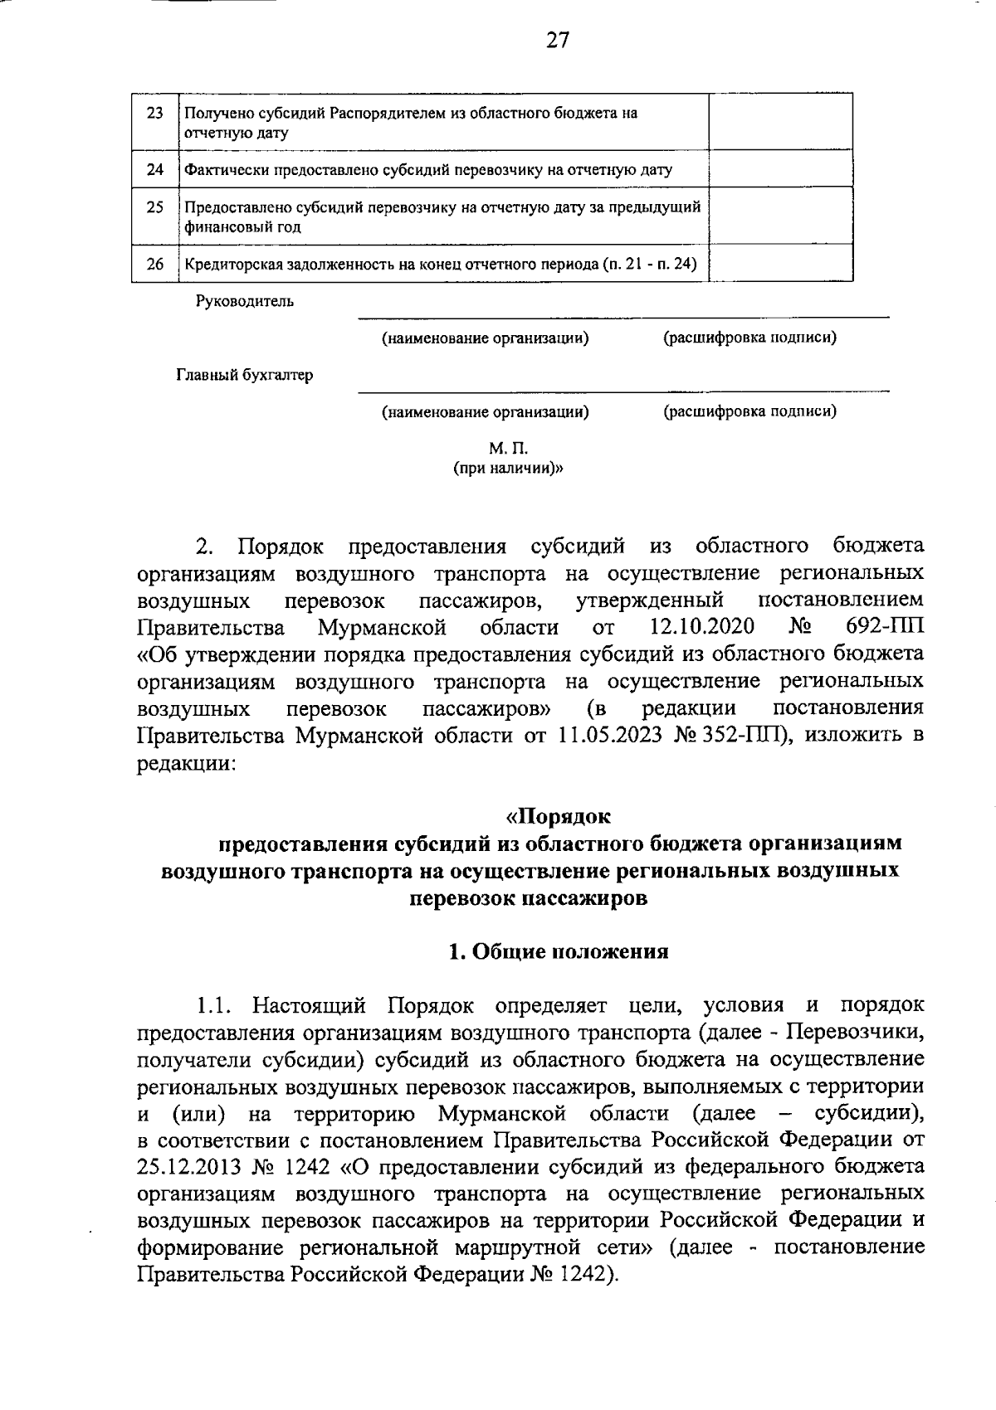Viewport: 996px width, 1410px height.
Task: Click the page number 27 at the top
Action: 557,41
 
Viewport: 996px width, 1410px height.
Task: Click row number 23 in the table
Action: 154,114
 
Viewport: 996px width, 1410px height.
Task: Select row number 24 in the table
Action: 154,170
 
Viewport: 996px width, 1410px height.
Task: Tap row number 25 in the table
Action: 154,207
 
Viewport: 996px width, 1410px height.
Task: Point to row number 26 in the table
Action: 154,265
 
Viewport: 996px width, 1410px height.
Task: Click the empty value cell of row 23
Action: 780,122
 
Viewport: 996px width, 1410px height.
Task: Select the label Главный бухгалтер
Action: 244,376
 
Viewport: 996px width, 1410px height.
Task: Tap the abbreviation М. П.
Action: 508,449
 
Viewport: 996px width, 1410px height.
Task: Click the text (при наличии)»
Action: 508,469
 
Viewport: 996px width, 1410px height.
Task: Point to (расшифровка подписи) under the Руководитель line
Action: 749,338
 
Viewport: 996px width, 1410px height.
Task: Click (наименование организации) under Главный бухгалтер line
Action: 485,411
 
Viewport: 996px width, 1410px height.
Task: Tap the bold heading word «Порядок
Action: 558,817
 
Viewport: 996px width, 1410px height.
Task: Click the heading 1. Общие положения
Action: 558,951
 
